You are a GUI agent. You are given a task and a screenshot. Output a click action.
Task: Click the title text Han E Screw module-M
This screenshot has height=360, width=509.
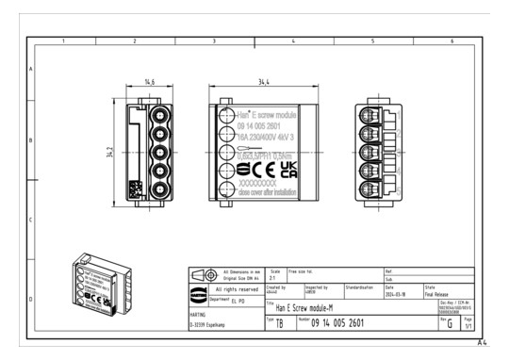point(303,308)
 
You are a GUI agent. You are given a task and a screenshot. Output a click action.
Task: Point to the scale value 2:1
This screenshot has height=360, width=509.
point(274,278)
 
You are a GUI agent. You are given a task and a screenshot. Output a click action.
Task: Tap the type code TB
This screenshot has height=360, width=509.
point(280,324)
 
